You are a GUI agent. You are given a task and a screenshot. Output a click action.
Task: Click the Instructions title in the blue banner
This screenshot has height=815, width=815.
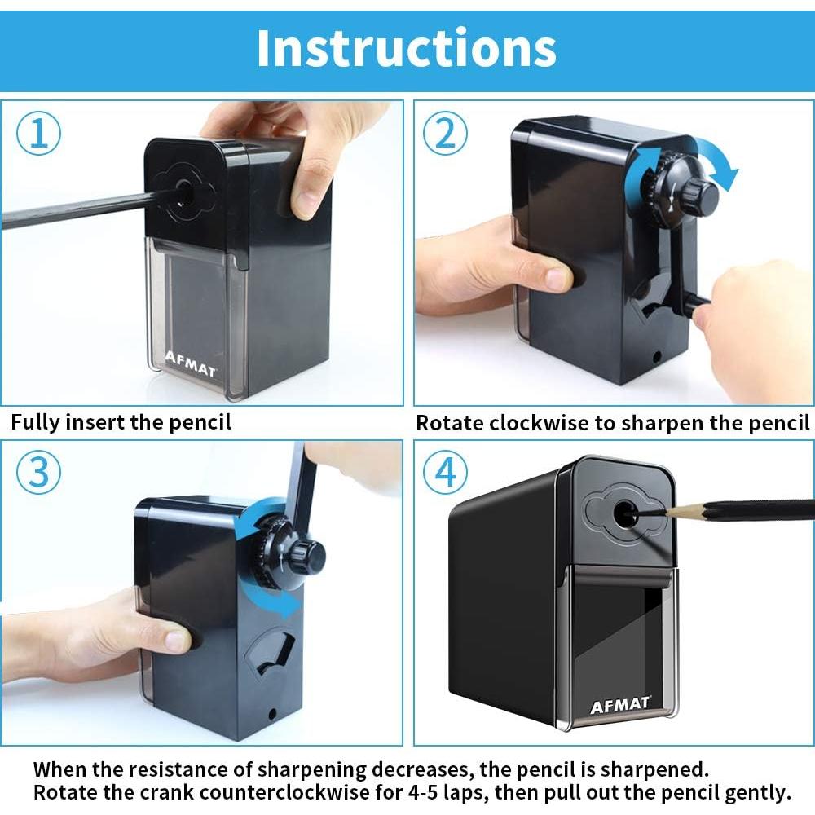pyautogui.click(x=407, y=48)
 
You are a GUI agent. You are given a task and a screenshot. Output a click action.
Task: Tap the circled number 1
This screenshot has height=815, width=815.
pyautogui.click(x=38, y=133)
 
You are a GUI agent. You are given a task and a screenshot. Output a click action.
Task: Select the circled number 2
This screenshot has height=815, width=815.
pyautogui.click(x=445, y=133)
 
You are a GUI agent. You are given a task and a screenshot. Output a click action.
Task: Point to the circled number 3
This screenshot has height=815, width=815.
pyautogui.click(x=38, y=473)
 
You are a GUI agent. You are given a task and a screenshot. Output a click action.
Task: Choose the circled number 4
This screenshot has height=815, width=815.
pyautogui.click(x=445, y=473)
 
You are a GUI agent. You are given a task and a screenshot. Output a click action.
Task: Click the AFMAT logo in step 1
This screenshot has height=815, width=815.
pyautogui.click(x=190, y=364)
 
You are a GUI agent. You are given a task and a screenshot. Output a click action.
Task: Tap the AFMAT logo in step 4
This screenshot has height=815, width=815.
pyautogui.click(x=620, y=705)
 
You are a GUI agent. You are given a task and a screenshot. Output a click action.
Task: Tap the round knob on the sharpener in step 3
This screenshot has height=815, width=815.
pyautogui.click(x=308, y=557)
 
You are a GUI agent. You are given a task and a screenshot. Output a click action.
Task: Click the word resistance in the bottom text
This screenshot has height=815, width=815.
pyautogui.click(x=189, y=769)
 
